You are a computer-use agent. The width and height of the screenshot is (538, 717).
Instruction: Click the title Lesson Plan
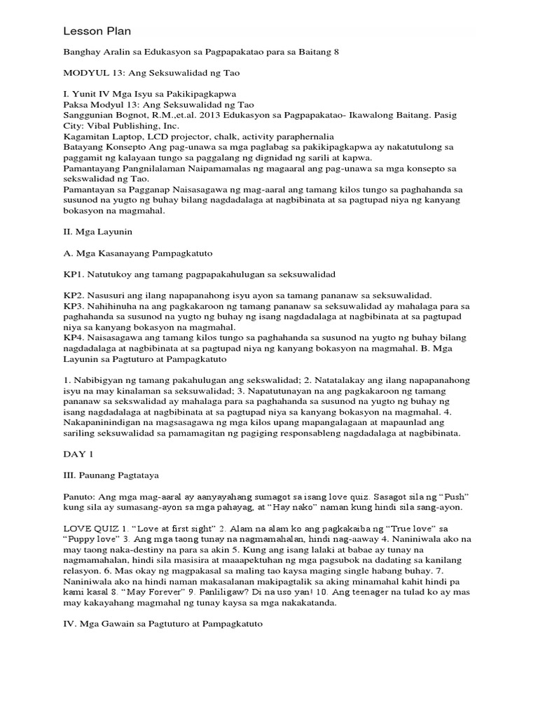(97, 32)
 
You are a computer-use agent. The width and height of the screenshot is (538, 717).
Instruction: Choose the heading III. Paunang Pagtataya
(114, 475)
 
